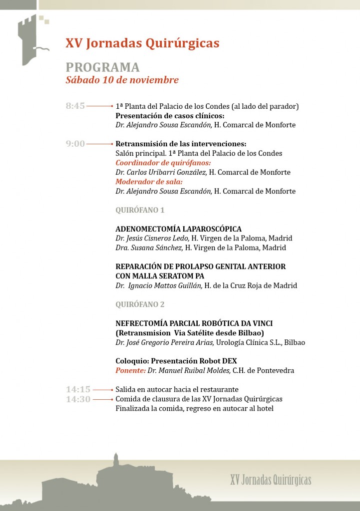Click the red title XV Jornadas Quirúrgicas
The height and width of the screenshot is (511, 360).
[x=142, y=44]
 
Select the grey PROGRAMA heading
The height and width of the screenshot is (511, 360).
[x=102, y=67]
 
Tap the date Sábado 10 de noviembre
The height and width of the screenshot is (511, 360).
[x=122, y=80]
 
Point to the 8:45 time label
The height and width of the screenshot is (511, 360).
[x=75, y=106]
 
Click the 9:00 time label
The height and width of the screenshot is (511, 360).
[x=75, y=144]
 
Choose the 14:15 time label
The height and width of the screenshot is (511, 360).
[x=78, y=389]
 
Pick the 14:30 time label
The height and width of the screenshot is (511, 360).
[x=78, y=399]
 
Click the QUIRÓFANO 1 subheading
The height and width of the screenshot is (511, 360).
[x=140, y=210]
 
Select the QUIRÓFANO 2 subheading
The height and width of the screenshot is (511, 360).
[x=140, y=304]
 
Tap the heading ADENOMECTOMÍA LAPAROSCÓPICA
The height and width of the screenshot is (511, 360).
[x=178, y=229]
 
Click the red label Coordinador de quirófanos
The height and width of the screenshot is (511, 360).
[x=163, y=163]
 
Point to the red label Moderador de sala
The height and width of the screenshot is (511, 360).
[x=149, y=182]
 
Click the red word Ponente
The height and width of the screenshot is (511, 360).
[x=130, y=370]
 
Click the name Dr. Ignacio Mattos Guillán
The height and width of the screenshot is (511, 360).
[x=158, y=286]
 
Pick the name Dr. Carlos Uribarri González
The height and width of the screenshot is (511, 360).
[x=161, y=172]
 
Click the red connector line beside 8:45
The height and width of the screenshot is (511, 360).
[x=100, y=106]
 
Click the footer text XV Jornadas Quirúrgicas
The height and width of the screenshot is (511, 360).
[x=271, y=480]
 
